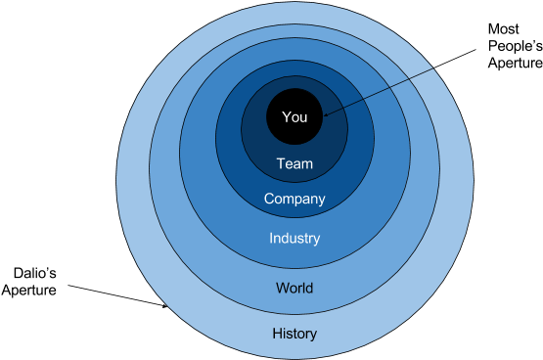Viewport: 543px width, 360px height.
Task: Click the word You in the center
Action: click(x=294, y=117)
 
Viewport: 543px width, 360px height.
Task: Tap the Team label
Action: click(x=294, y=164)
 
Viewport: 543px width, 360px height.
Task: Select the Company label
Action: click(x=294, y=200)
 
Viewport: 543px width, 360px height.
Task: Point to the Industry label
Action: click(x=294, y=238)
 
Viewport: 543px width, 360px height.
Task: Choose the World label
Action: click(x=294, y=289)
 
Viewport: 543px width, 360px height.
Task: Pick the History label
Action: click(x=294, y=334)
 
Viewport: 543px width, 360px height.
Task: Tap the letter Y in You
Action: click(x=286, y=117)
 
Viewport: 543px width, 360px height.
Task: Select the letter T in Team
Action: click(x=281, y=164)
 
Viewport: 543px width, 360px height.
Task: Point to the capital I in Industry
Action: click(x=272, y=238)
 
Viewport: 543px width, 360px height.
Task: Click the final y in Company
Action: click(x=321, y=202)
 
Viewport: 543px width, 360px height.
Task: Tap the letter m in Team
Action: click(x=307, y=164)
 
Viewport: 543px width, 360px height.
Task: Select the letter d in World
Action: click(x=309, y=289)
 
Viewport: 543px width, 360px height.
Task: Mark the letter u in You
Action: click(x=303, y=118)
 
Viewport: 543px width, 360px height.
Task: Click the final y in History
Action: click(x=313, y=336)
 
